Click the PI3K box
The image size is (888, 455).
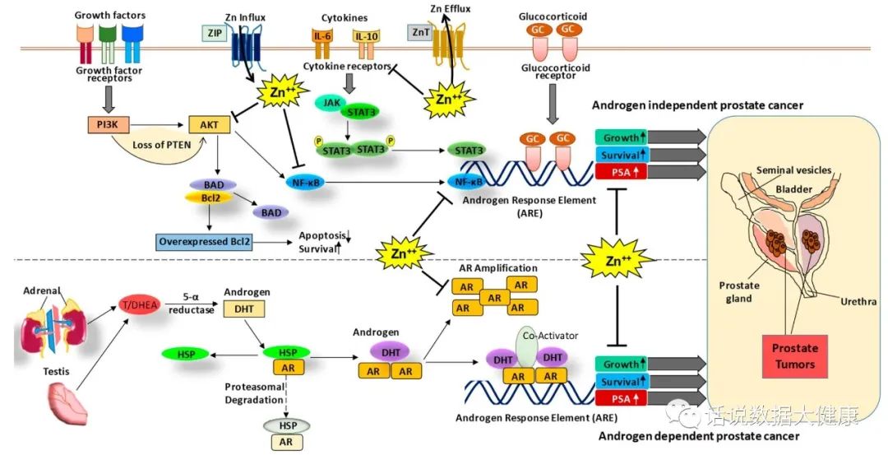106,126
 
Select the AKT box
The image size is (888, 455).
205,126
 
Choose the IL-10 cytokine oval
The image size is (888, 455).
365,36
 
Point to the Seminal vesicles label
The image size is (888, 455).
794,170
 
